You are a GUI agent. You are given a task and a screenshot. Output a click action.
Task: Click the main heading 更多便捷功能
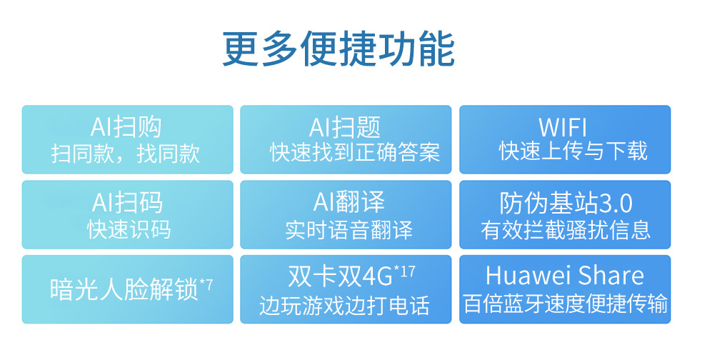point(339,49)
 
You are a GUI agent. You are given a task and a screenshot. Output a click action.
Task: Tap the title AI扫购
point(126,126)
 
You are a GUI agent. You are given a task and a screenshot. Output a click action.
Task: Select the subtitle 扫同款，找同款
point(126,154)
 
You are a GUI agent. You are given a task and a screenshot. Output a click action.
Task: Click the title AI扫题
point(345,127)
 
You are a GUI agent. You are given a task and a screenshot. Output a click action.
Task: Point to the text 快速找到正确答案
point(355,153)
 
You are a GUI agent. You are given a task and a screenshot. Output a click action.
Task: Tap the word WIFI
point(563,128)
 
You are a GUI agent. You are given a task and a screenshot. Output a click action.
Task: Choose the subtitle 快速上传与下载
point(573,151)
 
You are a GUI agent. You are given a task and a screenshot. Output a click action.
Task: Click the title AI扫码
point(127,203)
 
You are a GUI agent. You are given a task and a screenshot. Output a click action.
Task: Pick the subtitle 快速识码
point(129,229)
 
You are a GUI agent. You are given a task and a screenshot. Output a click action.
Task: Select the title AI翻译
point(349,201)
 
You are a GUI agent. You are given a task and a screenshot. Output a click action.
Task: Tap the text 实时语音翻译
point(349,230)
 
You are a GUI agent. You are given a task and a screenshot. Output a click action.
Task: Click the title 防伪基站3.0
point(566,203)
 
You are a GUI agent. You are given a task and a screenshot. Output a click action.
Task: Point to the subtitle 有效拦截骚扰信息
point(566,229)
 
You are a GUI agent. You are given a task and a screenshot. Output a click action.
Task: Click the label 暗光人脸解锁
point(124,289)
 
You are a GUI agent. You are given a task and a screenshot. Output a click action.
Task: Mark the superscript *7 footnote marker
point(206,284)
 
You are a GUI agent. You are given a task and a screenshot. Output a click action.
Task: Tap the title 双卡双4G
point(341,276)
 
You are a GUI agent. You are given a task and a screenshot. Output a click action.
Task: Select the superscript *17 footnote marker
point(404,271)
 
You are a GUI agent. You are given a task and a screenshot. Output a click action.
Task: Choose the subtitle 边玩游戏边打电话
point(345,306)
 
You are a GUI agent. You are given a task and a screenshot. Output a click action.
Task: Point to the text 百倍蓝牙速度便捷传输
point(566,304)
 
